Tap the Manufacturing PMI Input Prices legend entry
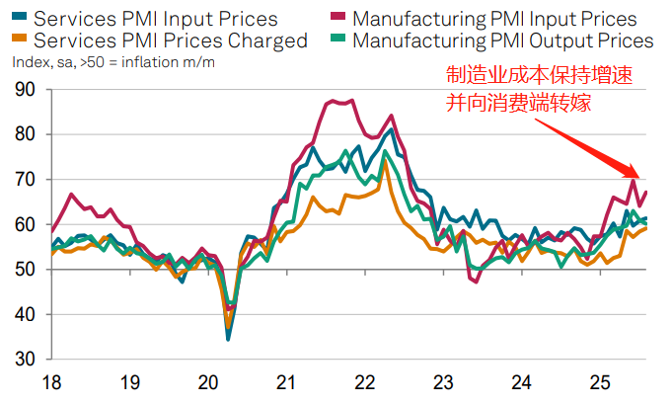point(493,19)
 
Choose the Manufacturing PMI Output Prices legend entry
point(501,40)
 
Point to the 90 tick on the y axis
point(25,90)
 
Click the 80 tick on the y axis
point(25,134)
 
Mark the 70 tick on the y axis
point(25,180)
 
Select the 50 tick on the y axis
point(25,270)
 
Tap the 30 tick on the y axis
point(25,360)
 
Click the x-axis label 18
point(49,382)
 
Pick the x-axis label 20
point(207,382)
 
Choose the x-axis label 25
point(599,382)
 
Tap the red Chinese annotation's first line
point(539,76)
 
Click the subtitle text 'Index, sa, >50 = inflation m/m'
point(113,62)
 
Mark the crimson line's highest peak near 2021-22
point(329,100)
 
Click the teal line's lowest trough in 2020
point(228,340)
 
